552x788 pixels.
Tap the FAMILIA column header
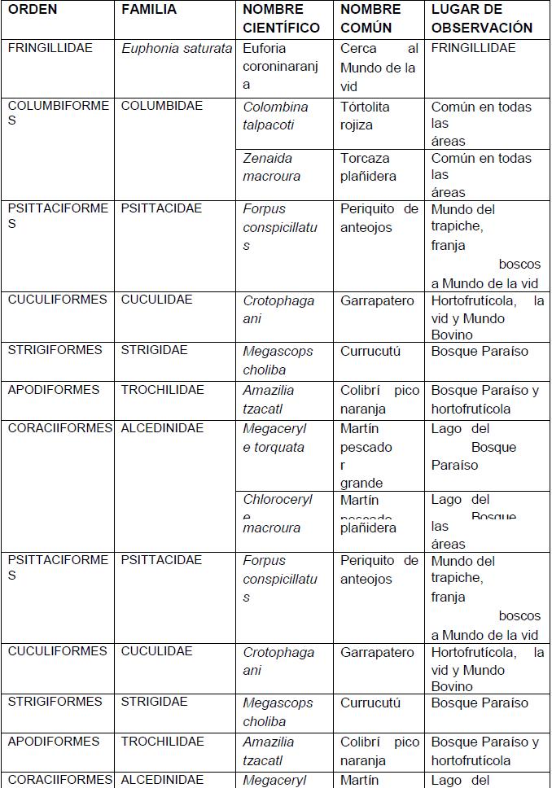point(149,10)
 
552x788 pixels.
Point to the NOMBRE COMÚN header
point(370,19)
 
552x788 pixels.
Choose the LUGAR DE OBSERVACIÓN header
point(481,19)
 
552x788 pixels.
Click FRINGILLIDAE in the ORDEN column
point(50,48)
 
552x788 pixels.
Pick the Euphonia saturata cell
point(177,49)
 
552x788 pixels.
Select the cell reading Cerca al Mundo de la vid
point(379,67)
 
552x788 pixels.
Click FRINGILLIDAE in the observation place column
point(473,48)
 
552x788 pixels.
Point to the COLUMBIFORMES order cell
point(57,113)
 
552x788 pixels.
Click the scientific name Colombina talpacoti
point(275,116)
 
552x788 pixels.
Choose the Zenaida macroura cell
point(271,167)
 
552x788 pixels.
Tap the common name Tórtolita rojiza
point(365,116)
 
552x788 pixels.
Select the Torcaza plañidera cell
point(368,167)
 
